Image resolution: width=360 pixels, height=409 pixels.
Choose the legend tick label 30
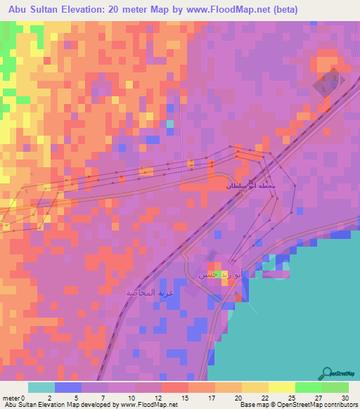coord(344,398)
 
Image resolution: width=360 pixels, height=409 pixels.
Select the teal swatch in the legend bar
coord(41,387)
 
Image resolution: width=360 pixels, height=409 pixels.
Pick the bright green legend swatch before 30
coord(309,387)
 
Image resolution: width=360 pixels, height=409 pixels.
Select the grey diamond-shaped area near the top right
coord(324,87)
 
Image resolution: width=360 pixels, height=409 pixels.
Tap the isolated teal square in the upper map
coord(170,124)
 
